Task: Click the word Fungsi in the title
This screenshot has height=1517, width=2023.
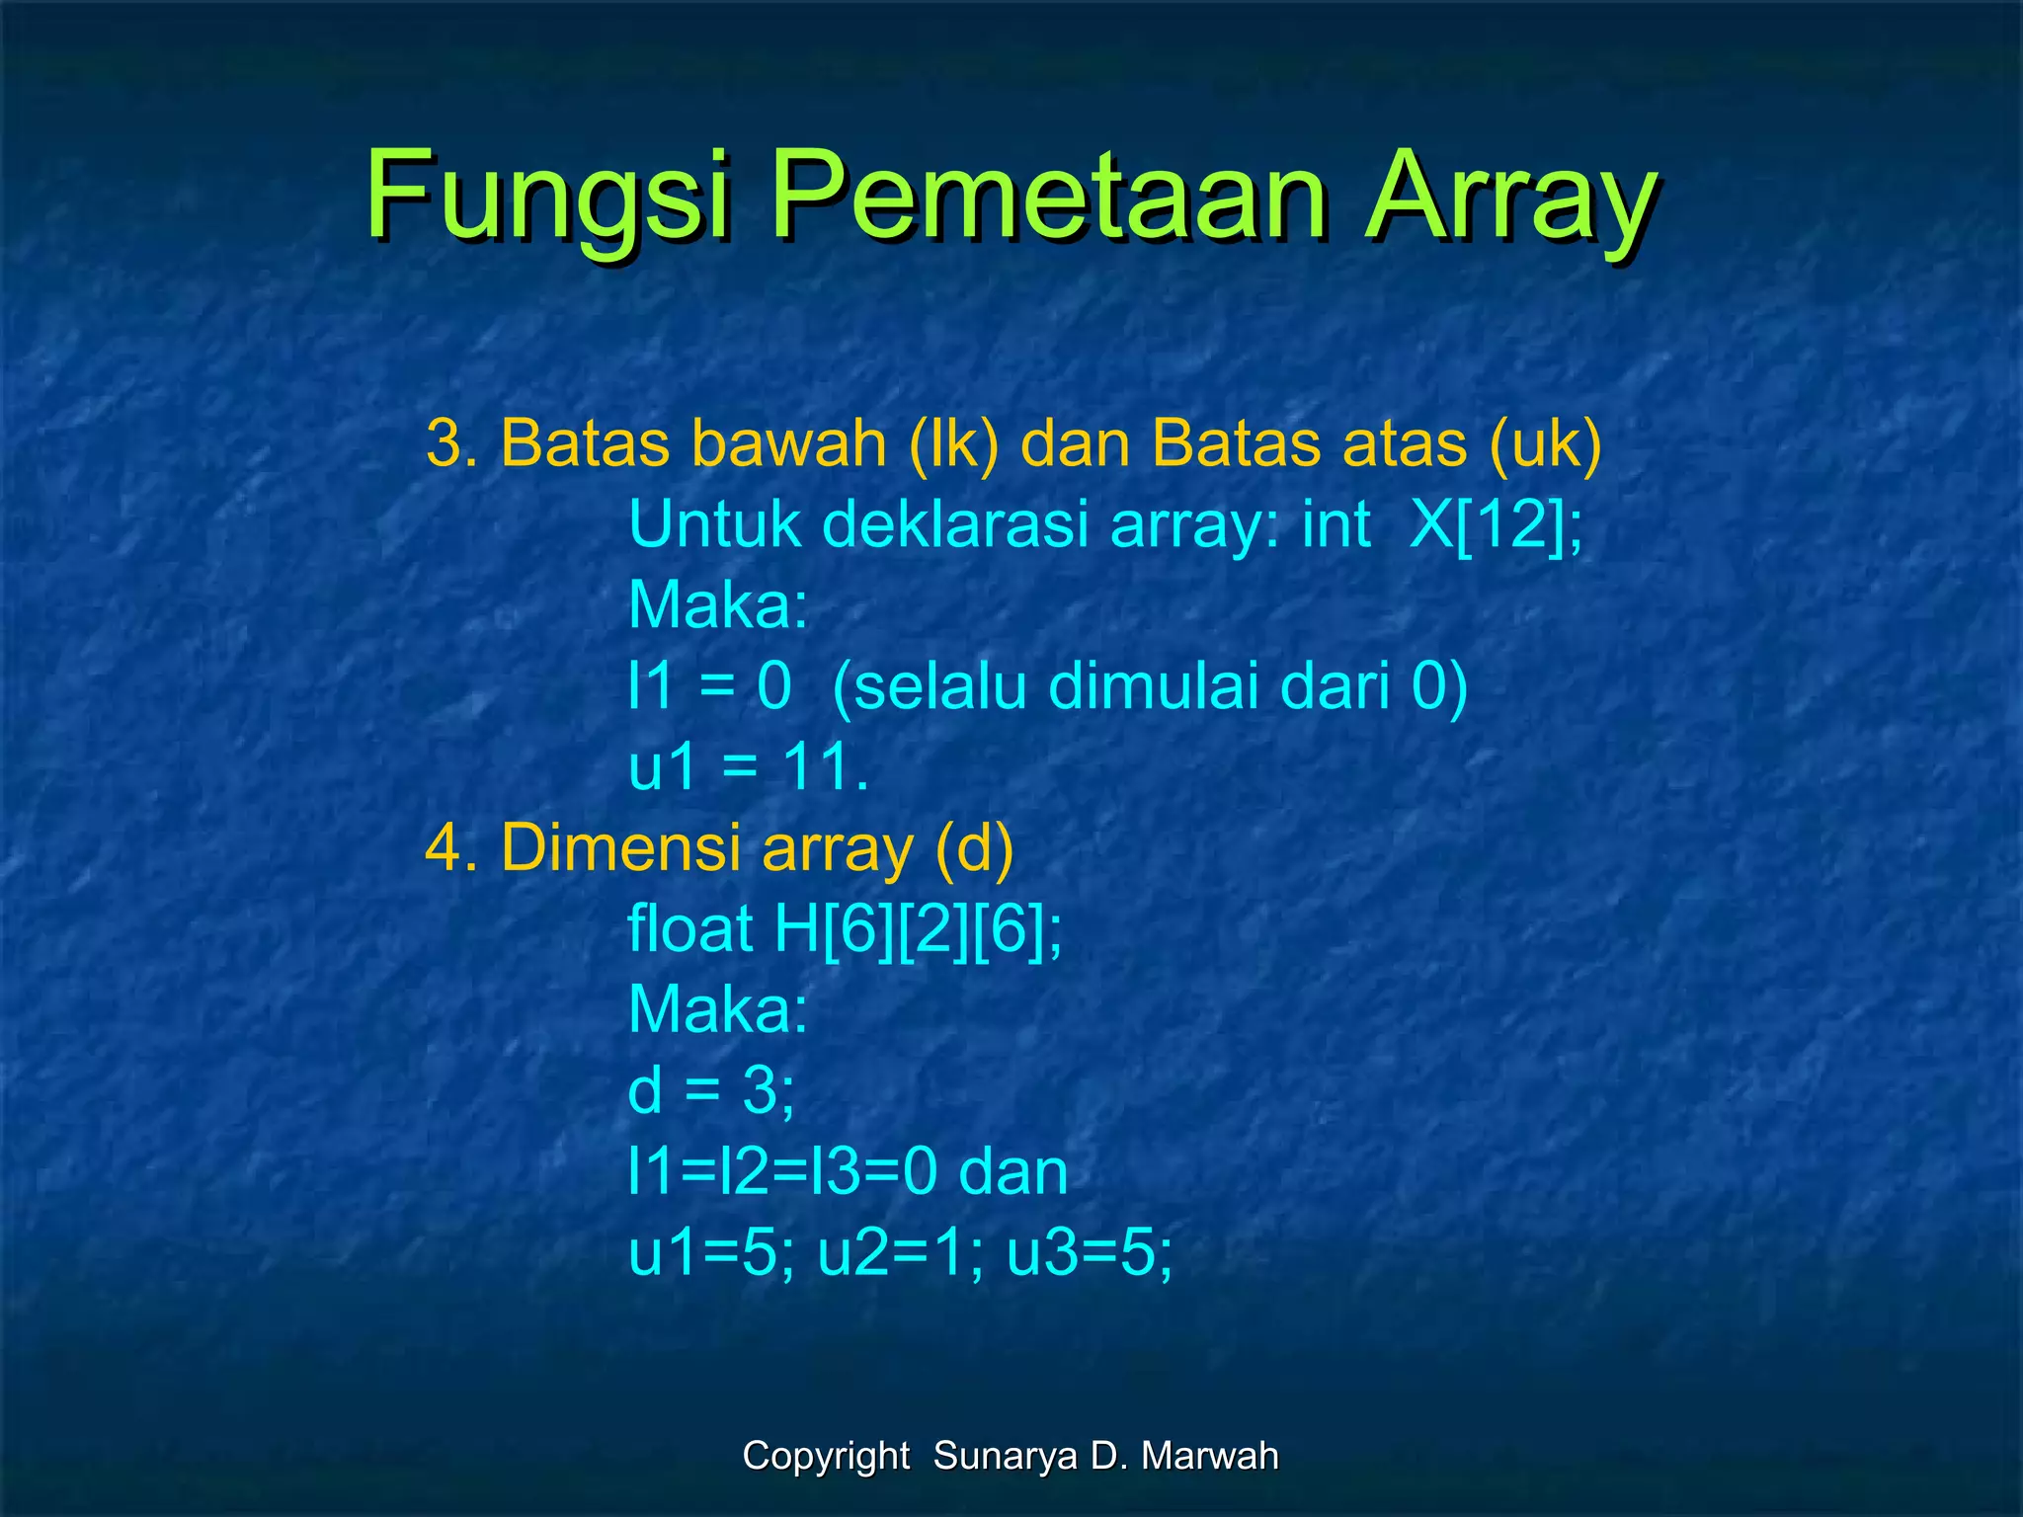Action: pyautogui.click(x=549, y=198)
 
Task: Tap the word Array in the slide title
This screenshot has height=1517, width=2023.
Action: pyautogui.click(x=1510, y=198)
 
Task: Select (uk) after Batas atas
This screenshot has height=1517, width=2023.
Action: pyautogui.click(x=1545, y=443)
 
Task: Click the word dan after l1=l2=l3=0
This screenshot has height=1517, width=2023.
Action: pyautogui.click(x=1013, y=1172)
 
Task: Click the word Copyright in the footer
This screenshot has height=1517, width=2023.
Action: pyautogui.click(x=826, y=1456)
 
